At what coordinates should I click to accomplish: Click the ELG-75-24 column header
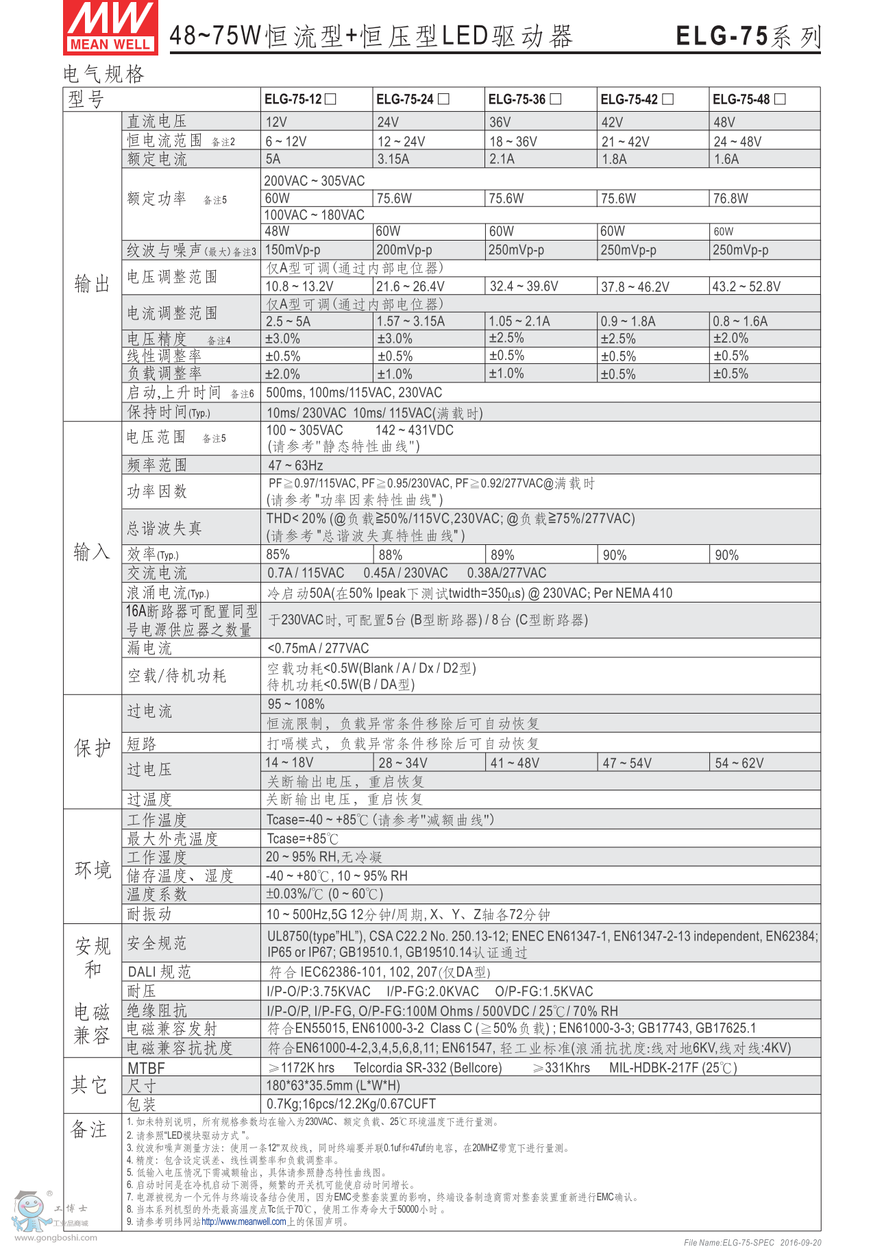(404, 99)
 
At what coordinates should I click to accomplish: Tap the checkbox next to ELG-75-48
(780, 99)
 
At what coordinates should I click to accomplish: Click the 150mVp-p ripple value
(293, 250)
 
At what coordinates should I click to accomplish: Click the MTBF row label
(146, 1068)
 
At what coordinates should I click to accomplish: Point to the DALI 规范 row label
(159, 972)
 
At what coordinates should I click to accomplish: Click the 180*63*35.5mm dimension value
(333, 1086)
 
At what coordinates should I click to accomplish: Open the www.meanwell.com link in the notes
(243, 1222)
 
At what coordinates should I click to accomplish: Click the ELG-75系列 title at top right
(748, 36)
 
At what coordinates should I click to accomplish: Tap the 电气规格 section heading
(103, 74)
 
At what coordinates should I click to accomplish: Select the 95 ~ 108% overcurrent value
(296, 704)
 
